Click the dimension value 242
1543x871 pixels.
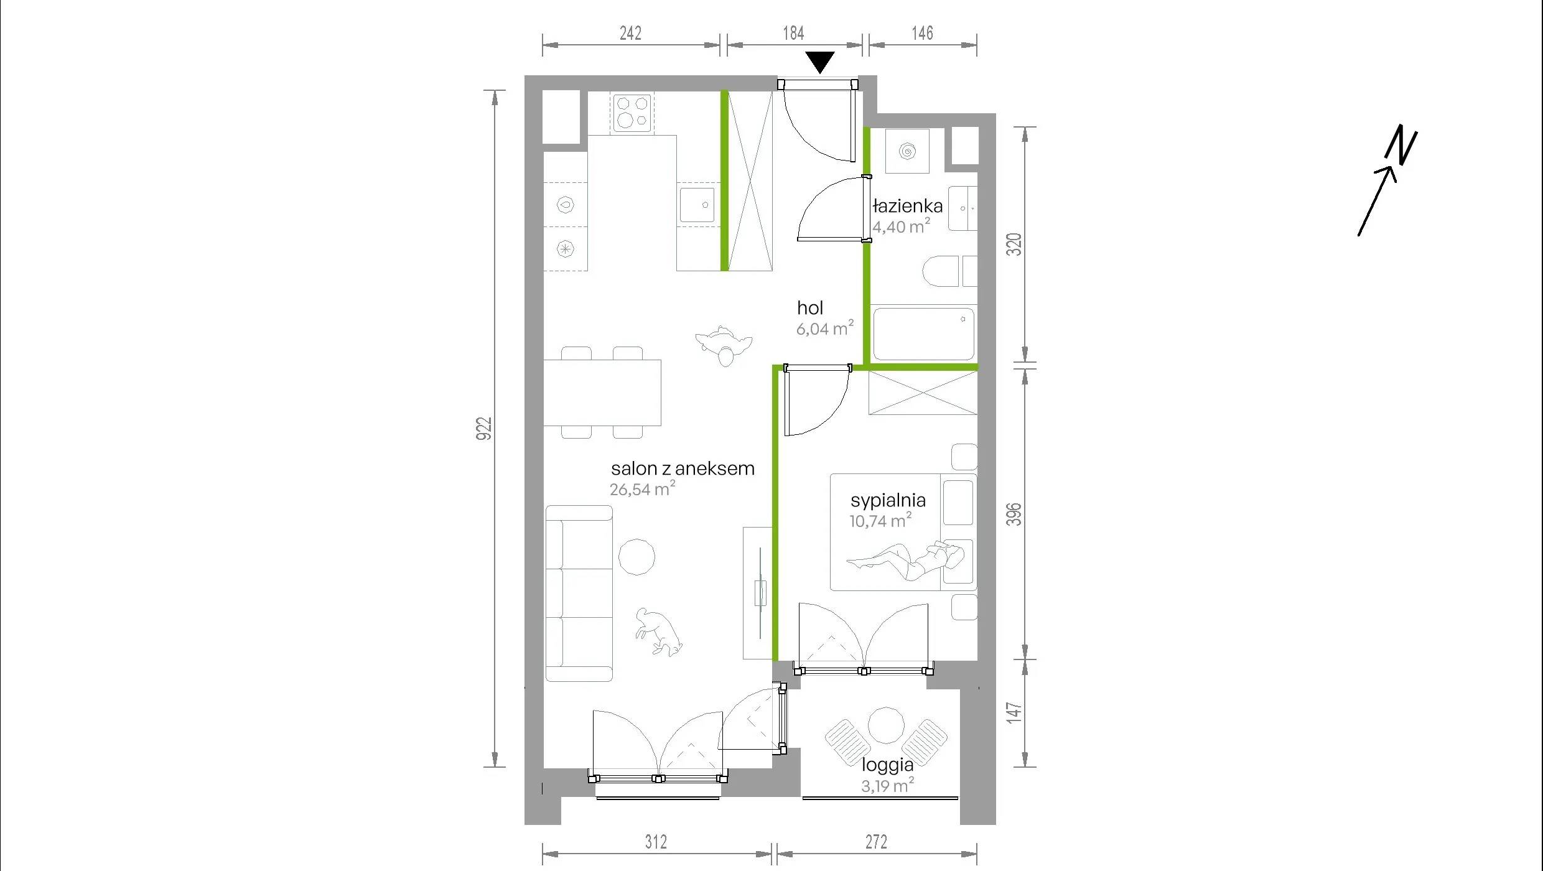tap(630, 33)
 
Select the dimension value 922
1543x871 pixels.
tap(484, 429)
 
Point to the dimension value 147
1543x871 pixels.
tap(1014, 713)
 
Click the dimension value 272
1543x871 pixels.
tap(876, 842)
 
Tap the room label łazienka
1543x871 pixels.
tap(908, 206)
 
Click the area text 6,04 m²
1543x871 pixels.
tap(825, 328)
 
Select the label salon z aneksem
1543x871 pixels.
tap(683, 468)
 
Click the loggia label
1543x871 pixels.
tap(887, 765)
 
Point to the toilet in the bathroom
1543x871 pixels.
tap(941, 271)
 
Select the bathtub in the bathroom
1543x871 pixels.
tap(923, 333)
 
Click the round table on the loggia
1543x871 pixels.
tap(886, 725)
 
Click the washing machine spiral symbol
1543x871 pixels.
tap(907, 151)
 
